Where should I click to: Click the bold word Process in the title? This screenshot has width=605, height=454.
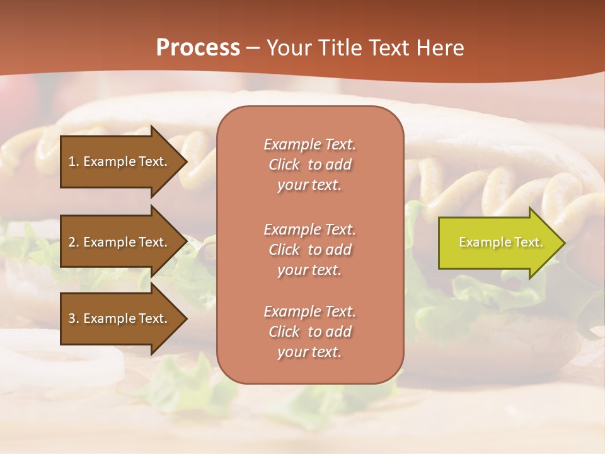(198, 48)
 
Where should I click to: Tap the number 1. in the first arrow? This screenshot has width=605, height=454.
(74, 161)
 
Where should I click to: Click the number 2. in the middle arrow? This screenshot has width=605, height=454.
(74, 242)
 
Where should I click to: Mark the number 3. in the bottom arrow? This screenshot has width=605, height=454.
(74, 318)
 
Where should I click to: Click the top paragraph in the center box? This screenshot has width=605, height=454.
(309, 165)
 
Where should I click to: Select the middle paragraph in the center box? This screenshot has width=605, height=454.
(309, 250)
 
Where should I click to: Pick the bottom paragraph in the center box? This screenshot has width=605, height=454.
(309, 332)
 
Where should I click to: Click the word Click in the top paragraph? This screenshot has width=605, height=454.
(284, 165)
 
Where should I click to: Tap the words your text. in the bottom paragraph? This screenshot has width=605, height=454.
(309, 352)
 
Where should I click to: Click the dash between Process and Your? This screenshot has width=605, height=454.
(253, 48)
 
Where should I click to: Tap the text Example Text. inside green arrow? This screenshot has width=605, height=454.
(501, 243)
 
